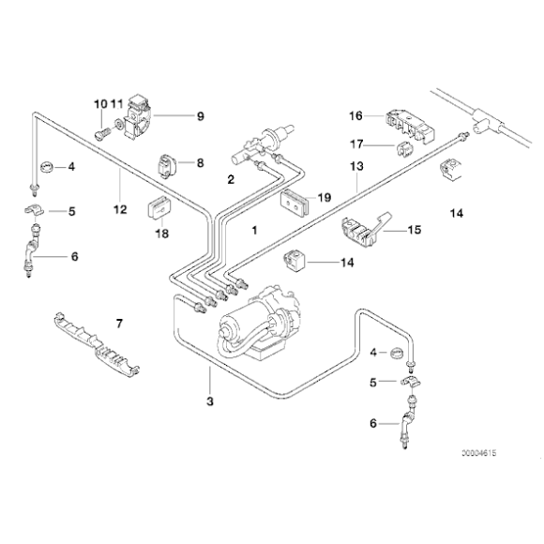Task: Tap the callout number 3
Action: [210, 401]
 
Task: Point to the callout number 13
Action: [356, 166]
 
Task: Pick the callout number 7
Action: [119, 324]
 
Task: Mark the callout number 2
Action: [231, 178]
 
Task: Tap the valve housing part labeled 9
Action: [139, 113]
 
